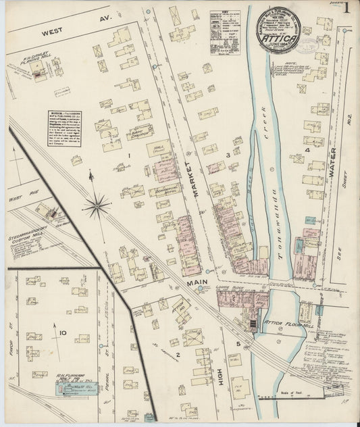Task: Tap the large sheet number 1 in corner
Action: (x=346, y=9)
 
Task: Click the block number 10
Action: (x=62, y=333)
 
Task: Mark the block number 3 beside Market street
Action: (x=228, y=155)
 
